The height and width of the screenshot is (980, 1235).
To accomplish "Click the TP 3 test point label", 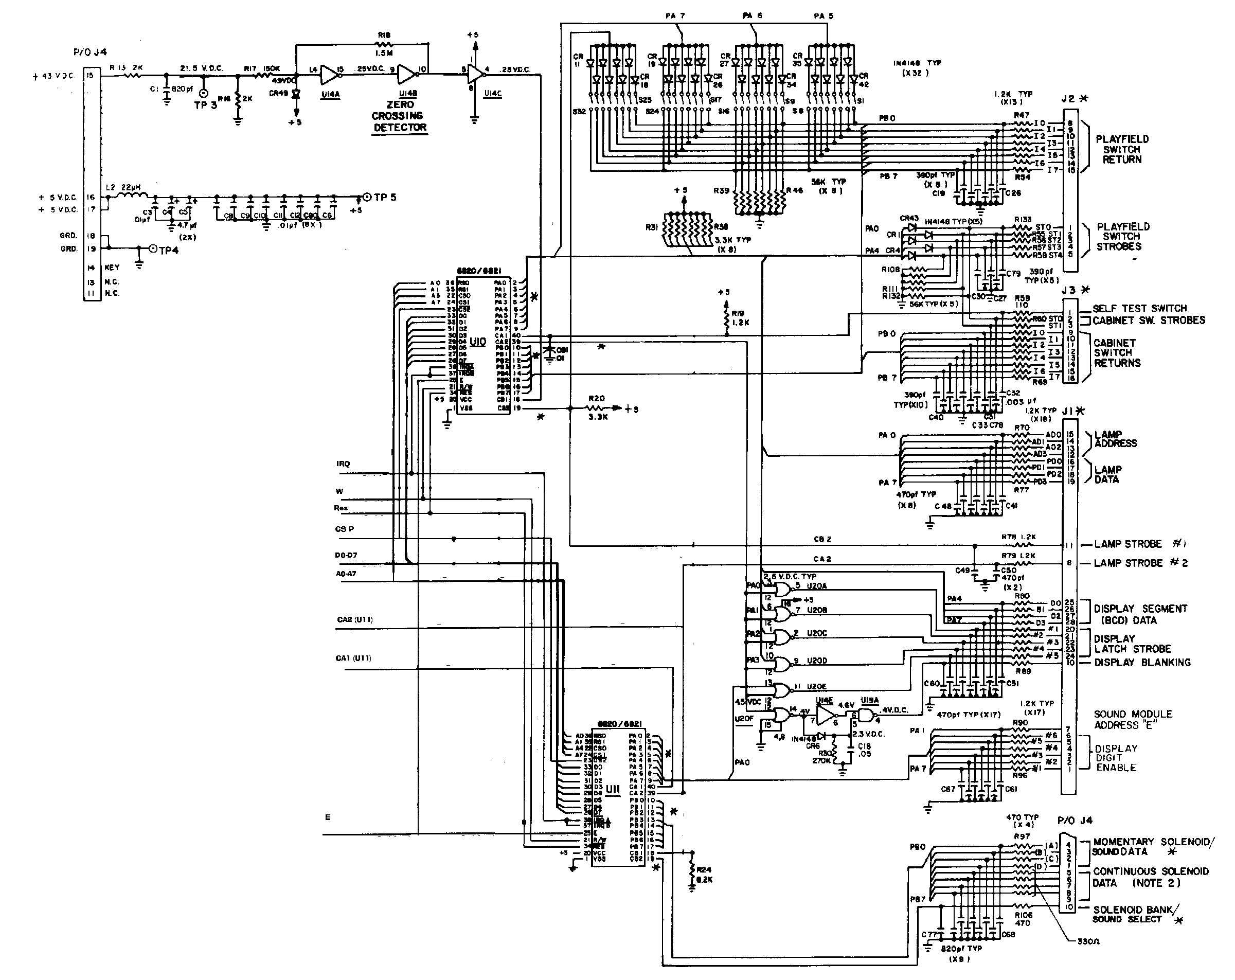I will tap(205, 105).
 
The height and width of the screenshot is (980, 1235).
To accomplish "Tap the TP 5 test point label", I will tap(385, 197).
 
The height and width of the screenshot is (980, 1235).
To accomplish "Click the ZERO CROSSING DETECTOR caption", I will tap(400, 116).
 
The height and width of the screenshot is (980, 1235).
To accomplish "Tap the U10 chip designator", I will tap(477, 342).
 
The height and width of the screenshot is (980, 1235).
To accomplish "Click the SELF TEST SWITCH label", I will tap(1139, 308).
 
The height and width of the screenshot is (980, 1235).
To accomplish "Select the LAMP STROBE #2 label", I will tap(1140, 563).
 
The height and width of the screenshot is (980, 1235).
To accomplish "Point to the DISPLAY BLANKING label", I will tap(1142, 662).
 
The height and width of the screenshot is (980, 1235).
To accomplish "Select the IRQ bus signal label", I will tap(343, 464).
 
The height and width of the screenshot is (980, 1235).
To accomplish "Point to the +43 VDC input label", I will tap(55, 76).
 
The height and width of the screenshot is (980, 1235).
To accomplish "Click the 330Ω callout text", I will tap(1088, 941).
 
